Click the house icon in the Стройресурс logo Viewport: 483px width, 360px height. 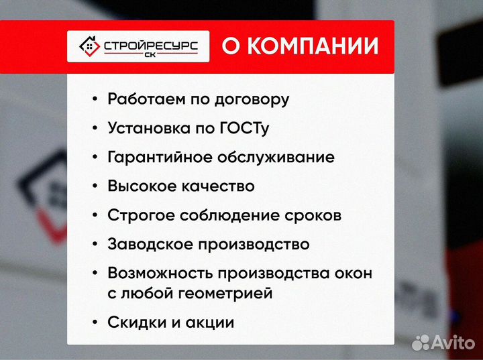(x=87, y=46)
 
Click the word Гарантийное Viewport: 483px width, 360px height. (x=160, y=158)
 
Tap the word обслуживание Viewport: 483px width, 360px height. (x=276, y=158)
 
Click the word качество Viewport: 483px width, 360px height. (x=218, y=186)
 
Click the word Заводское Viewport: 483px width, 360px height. (x=148, y=245)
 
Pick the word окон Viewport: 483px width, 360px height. (x=352, y=274)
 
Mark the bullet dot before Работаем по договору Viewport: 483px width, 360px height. (x=95, y=100)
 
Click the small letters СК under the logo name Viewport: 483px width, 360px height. (x=150, y=56)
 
